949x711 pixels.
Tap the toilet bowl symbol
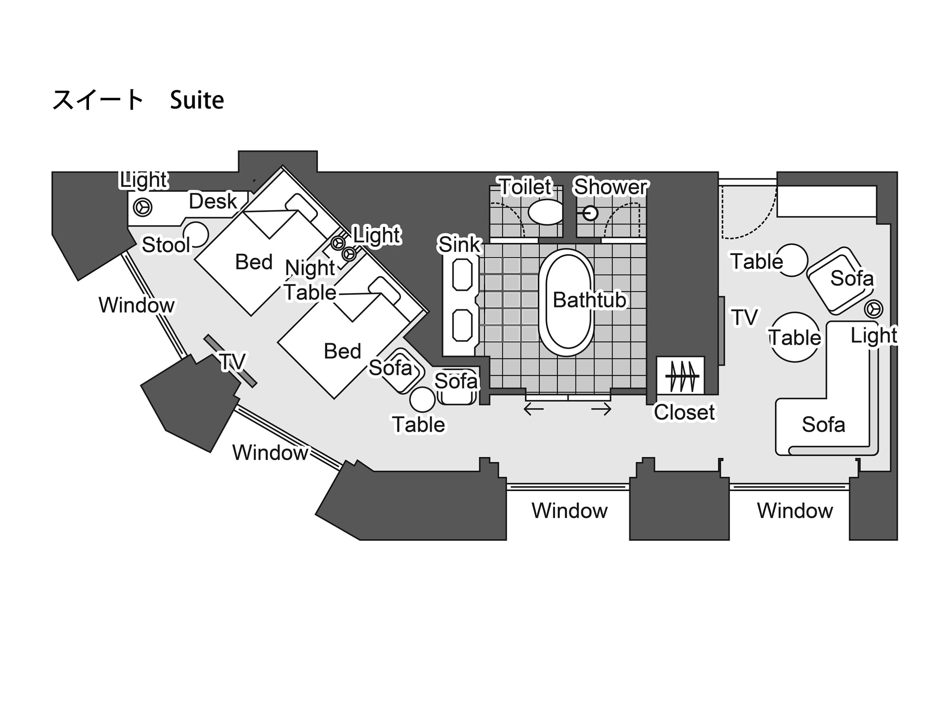click(x=545, y=212)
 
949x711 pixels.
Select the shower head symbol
click(x=591, y=213)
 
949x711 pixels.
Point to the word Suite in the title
click(x=197, y=101)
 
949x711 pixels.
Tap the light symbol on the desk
click(x=142, y=207)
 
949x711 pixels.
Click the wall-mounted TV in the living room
click(x=722, y=330)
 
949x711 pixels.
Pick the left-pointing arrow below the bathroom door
click(x=534, y=409)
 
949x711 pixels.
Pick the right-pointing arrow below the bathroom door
click(x=601, y=409)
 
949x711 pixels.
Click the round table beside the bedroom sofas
click(x=422, y=399)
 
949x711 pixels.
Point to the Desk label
click(x=213, y=201)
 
